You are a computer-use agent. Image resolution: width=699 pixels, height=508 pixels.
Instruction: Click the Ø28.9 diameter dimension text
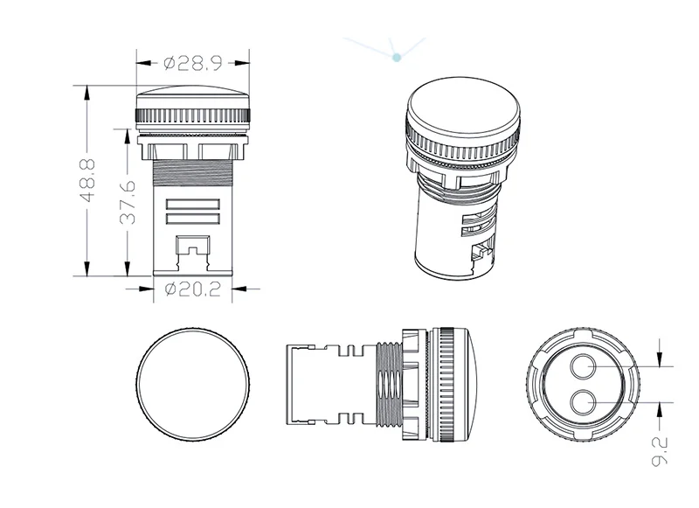tap(194, 62)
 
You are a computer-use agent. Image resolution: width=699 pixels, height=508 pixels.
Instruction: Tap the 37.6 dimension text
tap(128, 202)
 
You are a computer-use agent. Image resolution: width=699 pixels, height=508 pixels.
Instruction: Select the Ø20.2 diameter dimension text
tap(193, 289)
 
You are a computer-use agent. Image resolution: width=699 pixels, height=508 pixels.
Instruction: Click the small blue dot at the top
tap(398, 58)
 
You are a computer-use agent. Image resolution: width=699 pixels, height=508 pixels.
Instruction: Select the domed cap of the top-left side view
tap(194, 95)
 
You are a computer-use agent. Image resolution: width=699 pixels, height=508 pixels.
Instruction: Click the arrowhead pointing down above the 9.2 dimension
tap(661, 359)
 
